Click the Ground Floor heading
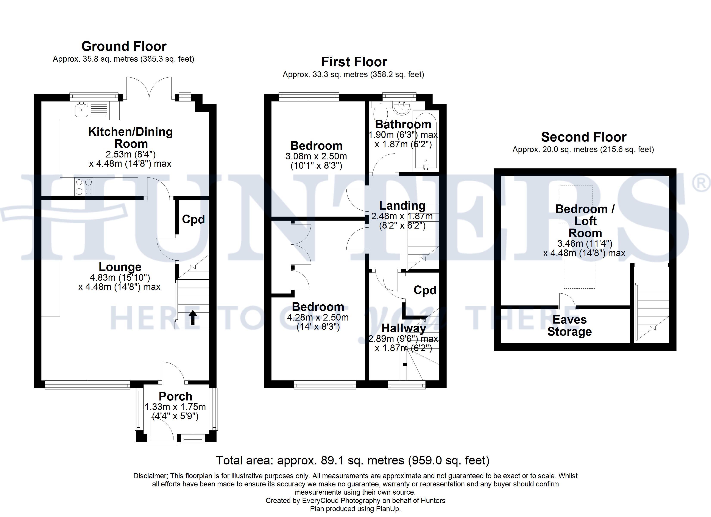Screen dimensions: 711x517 point(124,46)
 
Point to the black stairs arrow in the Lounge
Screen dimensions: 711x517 point(192,318)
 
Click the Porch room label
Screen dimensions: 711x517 point(176,396)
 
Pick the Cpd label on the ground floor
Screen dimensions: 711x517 point(193,220)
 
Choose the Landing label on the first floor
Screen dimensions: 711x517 point(402,206)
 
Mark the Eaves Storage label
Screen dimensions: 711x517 point(570,325)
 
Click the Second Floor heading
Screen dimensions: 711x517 point(584,137)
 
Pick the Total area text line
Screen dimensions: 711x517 point(353,460)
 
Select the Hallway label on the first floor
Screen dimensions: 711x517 point(404,328)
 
